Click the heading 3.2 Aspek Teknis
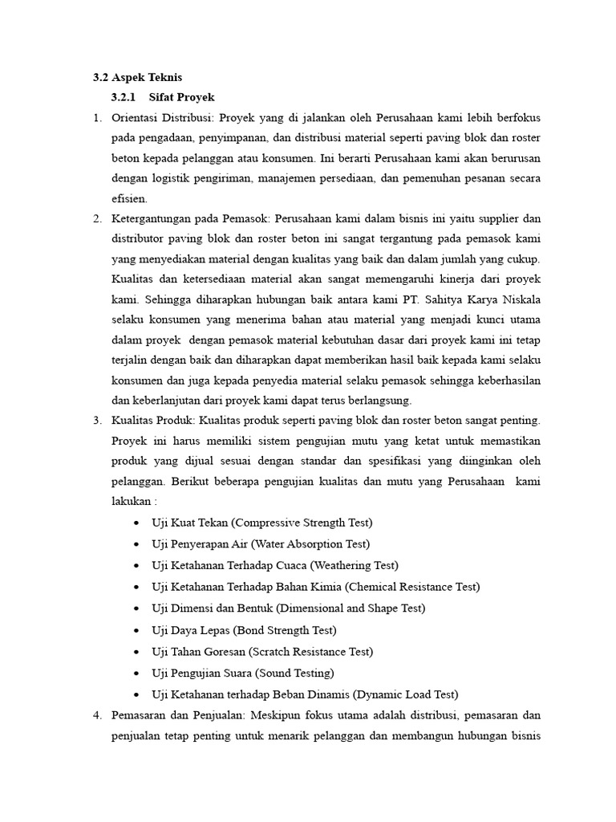137,78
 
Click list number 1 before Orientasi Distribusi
96,118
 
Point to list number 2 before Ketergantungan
96,218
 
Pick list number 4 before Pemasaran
96,714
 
